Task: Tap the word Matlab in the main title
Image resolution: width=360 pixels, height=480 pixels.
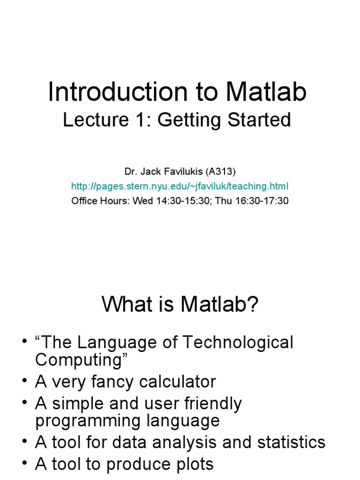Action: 266,92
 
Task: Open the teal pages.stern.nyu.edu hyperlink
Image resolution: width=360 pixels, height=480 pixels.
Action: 180,187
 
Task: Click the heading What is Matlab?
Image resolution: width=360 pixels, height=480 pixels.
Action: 180,306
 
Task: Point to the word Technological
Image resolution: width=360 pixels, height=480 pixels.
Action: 237,343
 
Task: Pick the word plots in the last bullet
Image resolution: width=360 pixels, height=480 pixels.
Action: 194,464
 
